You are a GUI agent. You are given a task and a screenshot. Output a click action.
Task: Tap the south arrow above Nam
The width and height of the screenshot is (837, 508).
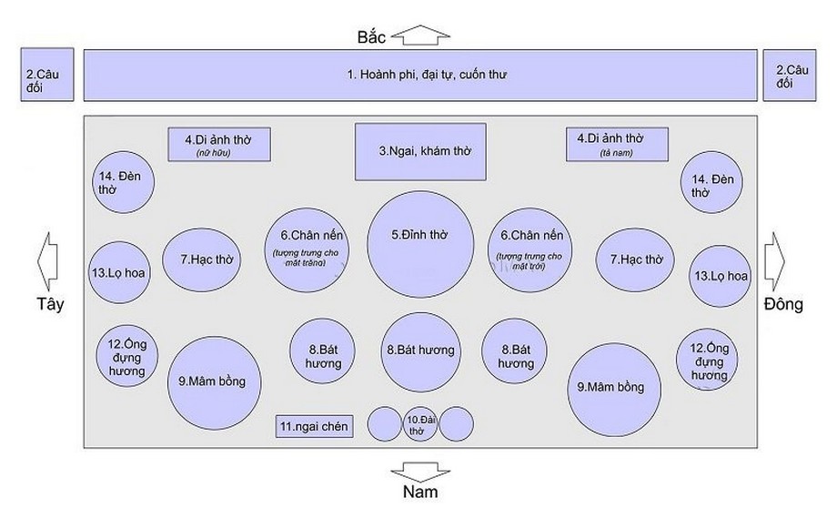(415, 471)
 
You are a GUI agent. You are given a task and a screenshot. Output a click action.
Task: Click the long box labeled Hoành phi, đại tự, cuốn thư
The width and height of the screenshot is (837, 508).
(420, 75)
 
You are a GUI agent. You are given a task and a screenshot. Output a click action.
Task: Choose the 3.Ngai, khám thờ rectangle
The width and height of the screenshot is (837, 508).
(419, 150)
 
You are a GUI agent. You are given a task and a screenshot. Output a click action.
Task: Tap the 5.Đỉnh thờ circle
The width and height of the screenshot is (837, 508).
(420, 243)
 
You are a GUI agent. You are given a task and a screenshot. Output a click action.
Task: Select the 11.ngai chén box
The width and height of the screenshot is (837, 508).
(315, 425)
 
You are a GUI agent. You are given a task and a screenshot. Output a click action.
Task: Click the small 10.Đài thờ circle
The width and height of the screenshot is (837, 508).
(419, 423)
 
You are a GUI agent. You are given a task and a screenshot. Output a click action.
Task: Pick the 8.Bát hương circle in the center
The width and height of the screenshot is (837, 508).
(419, 351)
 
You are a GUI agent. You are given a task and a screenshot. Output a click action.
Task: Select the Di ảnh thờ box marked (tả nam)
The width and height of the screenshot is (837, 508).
(617, 144)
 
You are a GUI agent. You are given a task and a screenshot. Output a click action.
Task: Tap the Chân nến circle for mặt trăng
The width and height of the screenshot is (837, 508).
(305, 250)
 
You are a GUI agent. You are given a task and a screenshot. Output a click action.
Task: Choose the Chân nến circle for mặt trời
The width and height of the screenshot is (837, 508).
(532, 250)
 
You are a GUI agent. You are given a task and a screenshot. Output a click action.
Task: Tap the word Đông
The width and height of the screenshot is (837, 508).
(784, 304)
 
